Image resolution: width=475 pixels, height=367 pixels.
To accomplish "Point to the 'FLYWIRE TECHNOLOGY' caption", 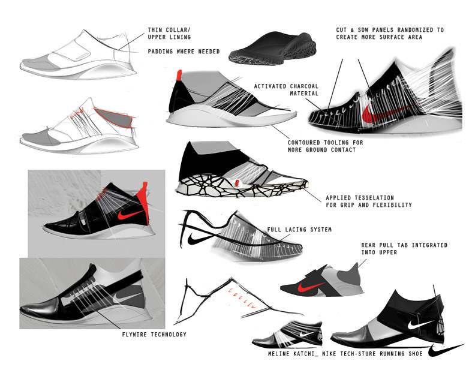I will pyautogui.click(x=154, y=334).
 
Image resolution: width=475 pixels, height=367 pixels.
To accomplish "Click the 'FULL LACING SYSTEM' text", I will pyautogui.click(x=299, y=230).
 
